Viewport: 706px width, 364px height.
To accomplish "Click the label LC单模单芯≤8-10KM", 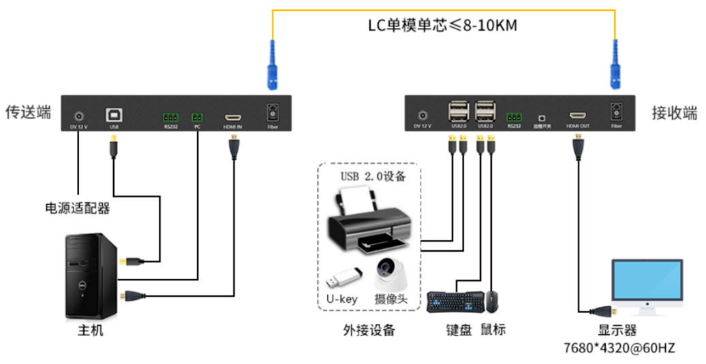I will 442,27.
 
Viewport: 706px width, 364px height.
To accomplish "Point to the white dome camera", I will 390,274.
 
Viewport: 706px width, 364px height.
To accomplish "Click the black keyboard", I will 455,301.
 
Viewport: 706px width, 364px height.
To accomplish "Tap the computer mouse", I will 492,301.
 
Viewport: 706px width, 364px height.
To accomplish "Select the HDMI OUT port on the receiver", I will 579,116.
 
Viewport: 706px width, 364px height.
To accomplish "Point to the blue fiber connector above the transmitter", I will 273,65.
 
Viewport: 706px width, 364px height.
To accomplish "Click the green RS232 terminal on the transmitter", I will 170,117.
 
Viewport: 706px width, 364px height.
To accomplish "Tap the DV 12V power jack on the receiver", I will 423,116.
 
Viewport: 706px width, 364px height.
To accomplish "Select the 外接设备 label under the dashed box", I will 369,331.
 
